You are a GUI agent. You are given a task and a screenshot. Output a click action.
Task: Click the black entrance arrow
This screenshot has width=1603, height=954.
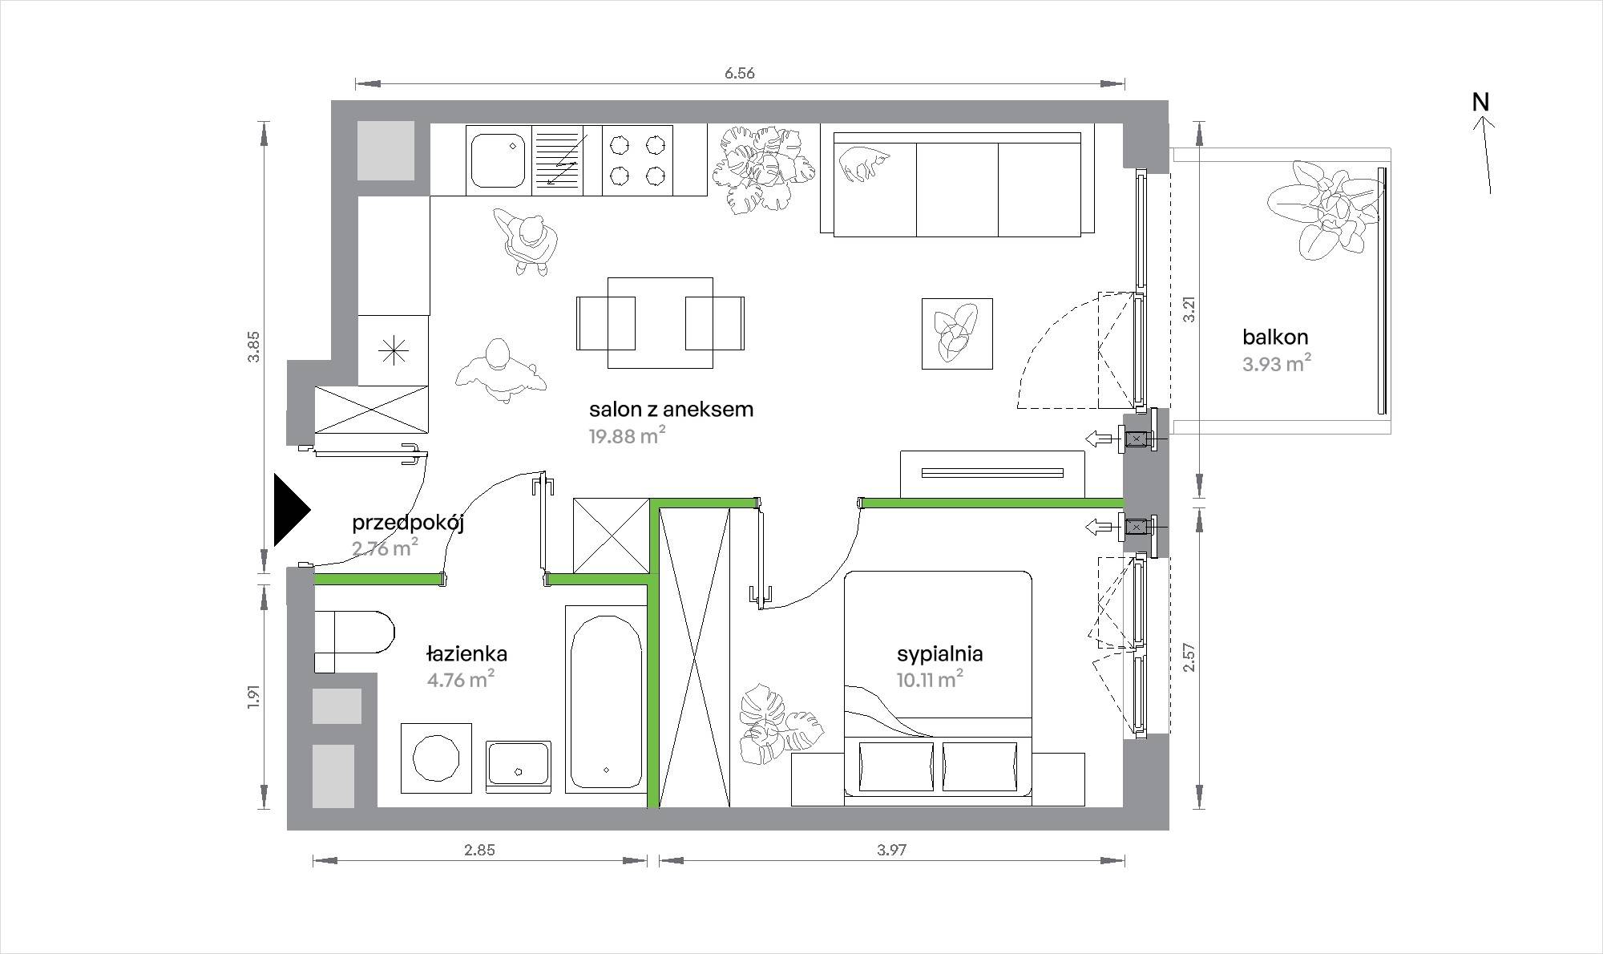290,510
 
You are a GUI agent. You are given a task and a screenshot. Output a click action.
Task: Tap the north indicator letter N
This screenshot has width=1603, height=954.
1480,103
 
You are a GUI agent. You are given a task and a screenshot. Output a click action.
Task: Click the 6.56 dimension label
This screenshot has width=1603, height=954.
740,74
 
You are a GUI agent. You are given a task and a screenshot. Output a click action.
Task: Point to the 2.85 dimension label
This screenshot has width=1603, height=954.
479,851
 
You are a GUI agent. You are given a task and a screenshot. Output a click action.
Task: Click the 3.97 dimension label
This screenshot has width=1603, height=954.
891,851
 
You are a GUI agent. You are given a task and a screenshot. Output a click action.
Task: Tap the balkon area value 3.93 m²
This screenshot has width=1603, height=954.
1277,364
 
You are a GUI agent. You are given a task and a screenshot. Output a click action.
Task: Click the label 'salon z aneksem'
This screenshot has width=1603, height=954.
671,410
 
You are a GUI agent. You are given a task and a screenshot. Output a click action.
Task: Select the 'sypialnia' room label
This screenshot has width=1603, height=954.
939,654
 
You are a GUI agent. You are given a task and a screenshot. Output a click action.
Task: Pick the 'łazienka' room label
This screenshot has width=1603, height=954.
466,654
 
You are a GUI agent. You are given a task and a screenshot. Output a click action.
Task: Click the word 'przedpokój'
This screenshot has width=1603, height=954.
408,524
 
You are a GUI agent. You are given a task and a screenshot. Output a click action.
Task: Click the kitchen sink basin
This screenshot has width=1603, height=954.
497,160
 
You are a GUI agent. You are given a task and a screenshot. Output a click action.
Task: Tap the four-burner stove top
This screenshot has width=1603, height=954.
637,160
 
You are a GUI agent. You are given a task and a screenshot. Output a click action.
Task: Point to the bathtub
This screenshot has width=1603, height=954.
606,699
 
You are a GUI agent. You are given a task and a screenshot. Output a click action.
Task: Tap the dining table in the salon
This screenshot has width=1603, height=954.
660,323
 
